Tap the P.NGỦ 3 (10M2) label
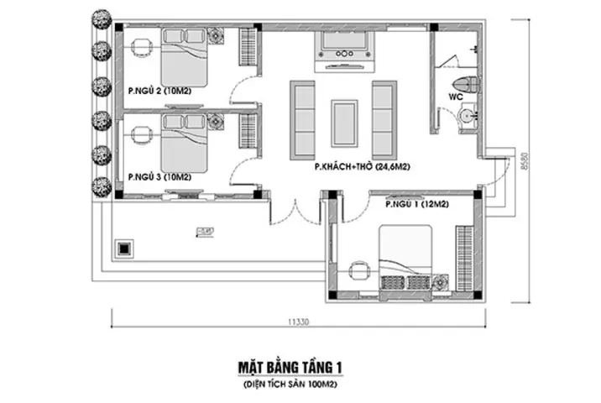click(159, 177)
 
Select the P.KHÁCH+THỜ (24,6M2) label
click(354, 167)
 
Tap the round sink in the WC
click(468, 115)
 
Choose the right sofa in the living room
click(384, 120)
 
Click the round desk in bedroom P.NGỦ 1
click(359, 270)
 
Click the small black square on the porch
click(125, 249)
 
